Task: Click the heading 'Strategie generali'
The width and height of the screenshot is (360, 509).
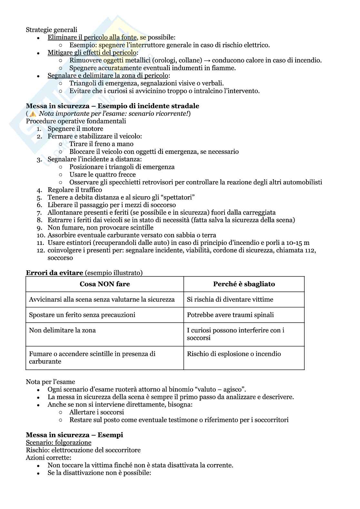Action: click(x=52, y=30)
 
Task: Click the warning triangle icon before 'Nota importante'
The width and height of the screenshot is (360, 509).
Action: click(x=33, y=114)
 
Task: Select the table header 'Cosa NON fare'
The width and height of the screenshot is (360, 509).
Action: click(x=105, y=284)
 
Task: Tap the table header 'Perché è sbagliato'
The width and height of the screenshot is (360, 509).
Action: click(x=244, y=284)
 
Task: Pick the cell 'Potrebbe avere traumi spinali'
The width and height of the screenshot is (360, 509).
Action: click(x=230, y=315)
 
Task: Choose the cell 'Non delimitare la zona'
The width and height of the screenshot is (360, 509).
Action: click(x=62, y=330)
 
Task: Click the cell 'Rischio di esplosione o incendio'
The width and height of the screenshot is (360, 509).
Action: click(x=234, y=354)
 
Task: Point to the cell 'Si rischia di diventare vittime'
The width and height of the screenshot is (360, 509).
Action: click(x=230, y=299)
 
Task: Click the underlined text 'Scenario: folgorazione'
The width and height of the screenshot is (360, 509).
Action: click(x=58, y=442)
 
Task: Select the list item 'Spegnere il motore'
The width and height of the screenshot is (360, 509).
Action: click(x=75, y=129)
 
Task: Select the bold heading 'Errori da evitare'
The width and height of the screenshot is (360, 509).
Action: click(x=55, y=273)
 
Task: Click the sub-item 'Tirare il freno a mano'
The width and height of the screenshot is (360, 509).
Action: click(x=101, y=144)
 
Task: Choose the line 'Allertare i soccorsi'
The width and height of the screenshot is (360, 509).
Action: click(x=96, y=412)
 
